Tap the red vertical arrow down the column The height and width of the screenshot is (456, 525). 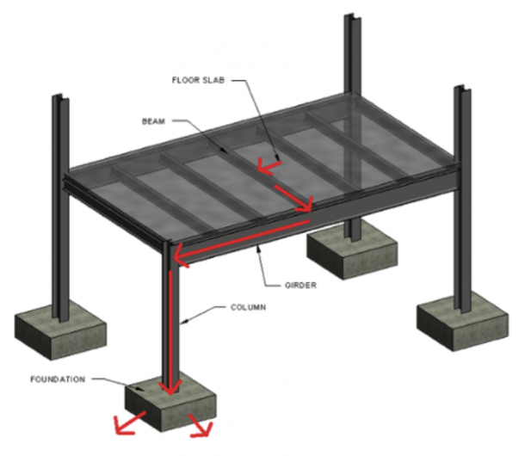(x=173, y=327)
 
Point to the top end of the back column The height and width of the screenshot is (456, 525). (x=351, y=20)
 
